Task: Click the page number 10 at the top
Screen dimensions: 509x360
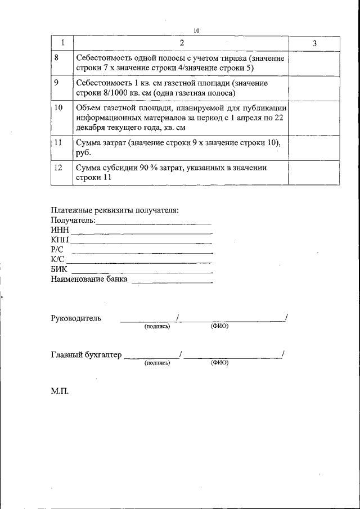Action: (x=196, y=30)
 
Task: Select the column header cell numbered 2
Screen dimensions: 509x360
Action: (x=181, y=43)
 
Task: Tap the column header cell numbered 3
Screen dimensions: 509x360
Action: (x=314, y=43)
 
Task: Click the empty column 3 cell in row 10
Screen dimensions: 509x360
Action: (x=314, y=118)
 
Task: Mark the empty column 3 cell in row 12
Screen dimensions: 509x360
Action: (x=314, y=173)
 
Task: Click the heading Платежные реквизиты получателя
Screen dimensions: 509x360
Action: (x=115, y=210)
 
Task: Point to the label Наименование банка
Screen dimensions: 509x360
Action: (x=89, y=279)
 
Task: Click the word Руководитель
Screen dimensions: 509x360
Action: (x=76, y=318)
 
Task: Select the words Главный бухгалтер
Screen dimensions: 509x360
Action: (x=86, y=355)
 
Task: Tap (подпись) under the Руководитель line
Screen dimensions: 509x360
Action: (x=157, y=326)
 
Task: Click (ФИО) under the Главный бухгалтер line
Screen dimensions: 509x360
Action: (x=219, y=363)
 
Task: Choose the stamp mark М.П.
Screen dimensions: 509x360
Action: (x=59, y=391)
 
